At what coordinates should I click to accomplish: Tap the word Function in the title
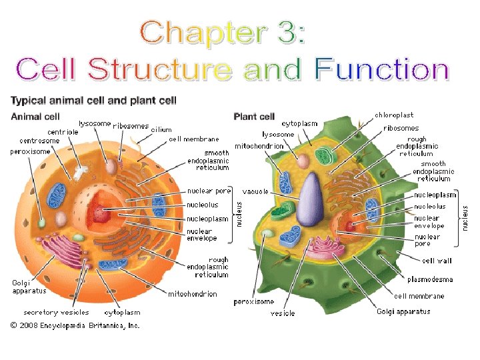point(382,69)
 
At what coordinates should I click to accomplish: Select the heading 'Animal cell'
point(35,117)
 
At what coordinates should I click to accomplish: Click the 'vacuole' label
point(255,191)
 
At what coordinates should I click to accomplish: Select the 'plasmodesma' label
point(430,279)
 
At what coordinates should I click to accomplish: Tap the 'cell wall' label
point(437,261)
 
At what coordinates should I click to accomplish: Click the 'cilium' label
point(161,129)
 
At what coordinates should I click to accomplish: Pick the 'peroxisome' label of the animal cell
point(30,151)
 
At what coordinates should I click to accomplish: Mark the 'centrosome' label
point(39,141)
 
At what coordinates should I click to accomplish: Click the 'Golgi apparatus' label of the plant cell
point(403,311)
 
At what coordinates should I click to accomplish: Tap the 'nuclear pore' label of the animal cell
point(209,191)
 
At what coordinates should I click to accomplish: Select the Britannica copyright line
point(74,326)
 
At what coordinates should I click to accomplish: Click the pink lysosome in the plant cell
point(304,161)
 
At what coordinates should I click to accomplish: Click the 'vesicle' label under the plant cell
point(283,313)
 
